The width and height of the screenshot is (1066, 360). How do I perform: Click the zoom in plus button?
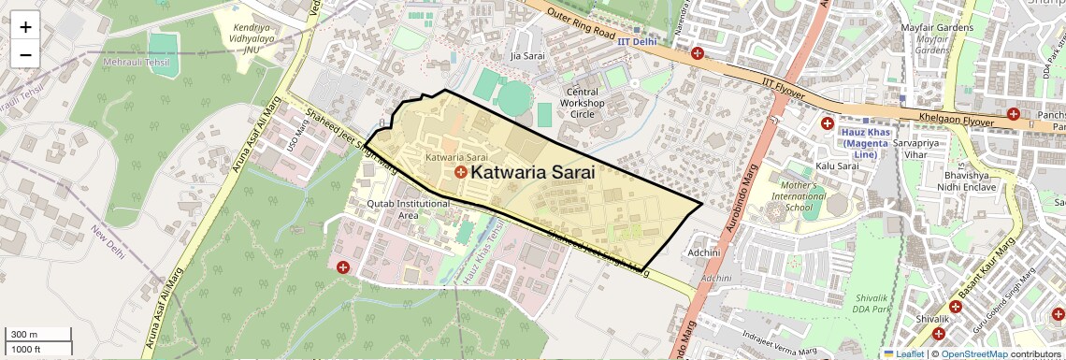coord(25,27)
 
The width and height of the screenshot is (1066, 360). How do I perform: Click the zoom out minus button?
coord(25,54)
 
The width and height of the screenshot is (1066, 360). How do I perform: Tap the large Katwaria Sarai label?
coord(533,172)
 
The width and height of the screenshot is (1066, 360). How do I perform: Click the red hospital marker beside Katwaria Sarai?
coord(461,173)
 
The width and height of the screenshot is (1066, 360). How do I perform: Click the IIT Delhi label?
coord(638,43)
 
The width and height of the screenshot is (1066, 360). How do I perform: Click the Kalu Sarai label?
coord(837,166)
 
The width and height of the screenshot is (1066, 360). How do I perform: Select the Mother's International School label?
coord(798,196)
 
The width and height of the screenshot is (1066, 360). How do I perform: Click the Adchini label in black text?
coord(703,252)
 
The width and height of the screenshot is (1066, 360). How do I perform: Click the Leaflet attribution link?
coord(903,353)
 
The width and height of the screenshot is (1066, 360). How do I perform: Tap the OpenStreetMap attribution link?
coord(973,353)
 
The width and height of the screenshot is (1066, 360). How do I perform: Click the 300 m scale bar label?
coord(24,335)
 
